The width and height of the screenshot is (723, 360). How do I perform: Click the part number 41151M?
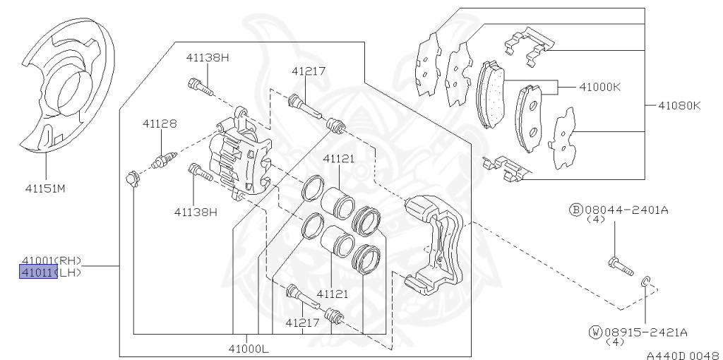[45, 188]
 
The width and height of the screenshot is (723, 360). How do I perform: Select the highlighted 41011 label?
[39, 272]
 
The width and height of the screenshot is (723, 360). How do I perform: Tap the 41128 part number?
[160, 124]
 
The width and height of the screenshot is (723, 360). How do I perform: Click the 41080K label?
[679, 106]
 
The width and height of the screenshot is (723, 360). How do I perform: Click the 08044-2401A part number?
[627, 210]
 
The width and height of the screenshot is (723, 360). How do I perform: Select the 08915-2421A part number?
[645, 332]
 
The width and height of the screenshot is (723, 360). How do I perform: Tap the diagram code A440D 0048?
[684, 355]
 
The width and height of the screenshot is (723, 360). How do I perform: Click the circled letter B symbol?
[576, 210]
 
